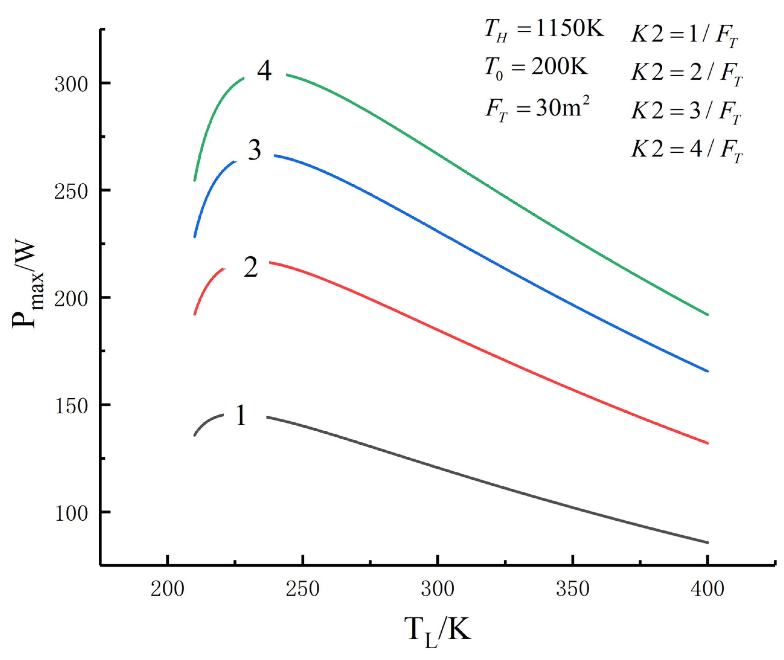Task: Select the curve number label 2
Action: click(251, 267)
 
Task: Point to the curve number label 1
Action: click(241, 415)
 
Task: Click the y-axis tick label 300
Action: click(71, 84)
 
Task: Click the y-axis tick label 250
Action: click(71, 191)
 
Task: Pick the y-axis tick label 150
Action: click(71, 406)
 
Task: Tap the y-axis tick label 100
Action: click(71, 513)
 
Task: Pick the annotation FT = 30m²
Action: click(538, 109)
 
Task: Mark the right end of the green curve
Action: click(707, 315)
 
